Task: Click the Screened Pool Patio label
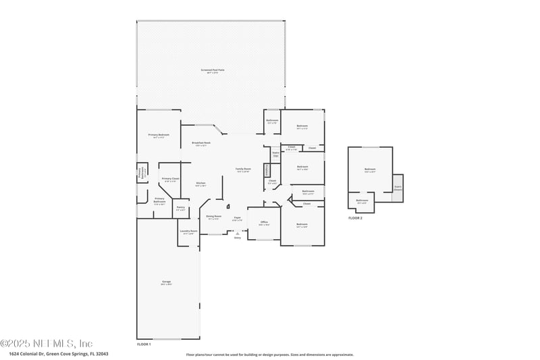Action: tap(213, 70)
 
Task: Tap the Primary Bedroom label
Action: tap(159, 136)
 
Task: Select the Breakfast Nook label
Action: tap(200, 144)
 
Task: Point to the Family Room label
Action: tap(243, 170)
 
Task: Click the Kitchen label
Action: tap(200, 184)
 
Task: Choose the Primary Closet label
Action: tap(170, 179)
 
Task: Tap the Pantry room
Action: tap(180, 209)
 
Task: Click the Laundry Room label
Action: tap(189, 232)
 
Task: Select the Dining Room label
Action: tap(213, 217)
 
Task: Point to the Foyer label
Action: tap(237, 219)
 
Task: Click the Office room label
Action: tap(265, 223)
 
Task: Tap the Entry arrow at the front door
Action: tap(237, 233)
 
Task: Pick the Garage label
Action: tap(166, 282)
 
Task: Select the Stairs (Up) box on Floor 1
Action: tap(275, 154)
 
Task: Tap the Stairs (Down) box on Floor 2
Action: tap(398, 187)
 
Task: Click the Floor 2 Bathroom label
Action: tap(362, 201)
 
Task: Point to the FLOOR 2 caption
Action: tap(355, 218)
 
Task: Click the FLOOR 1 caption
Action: tap(144, 344)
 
